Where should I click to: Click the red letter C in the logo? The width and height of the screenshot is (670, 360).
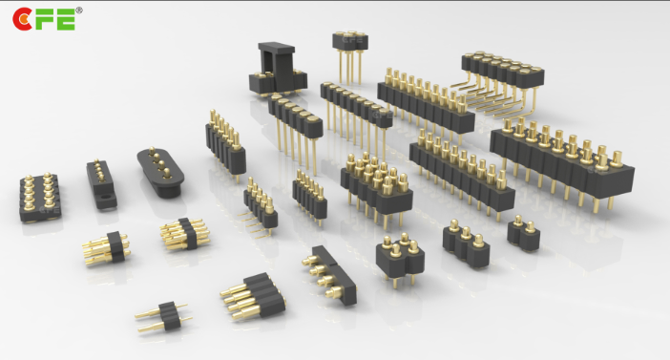pos(21,19)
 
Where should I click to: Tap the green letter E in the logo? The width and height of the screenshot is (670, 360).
pos(65,20)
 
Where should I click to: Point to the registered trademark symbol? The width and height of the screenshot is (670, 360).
pos(79,11)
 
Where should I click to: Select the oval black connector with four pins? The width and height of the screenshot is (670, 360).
pos(160,172)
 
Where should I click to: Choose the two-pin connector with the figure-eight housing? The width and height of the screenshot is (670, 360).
pos(523,233)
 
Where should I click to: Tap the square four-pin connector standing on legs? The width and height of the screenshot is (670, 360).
pos(400,259)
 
